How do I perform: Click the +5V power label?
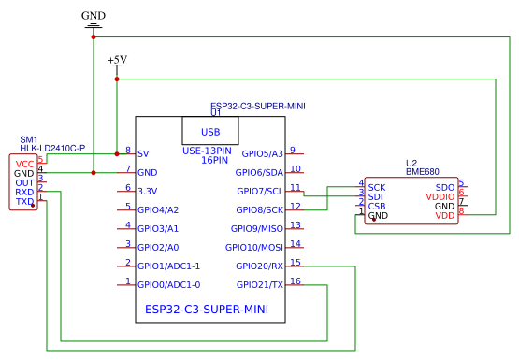click(x=117, y=60)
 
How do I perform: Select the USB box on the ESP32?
click(x=210, y=132)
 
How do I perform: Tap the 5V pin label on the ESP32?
click(x=143, y=153)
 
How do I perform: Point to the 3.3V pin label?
click(x=147, y=191)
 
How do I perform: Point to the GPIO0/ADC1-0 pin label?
click(x=168, y=284)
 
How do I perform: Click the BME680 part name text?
click(x=424, y=172)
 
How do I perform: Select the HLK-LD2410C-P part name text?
click(x=52, y=149)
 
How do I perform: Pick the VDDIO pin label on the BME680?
click(x=440, y=197)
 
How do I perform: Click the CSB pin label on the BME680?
click(x=377, y=207)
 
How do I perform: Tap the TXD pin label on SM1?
click(x=24, y=201)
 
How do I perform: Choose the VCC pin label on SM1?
click(x=24, y=164)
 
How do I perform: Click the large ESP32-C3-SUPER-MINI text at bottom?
click(x=207, y=309)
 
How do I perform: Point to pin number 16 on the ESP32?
click(x=296, y=281)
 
